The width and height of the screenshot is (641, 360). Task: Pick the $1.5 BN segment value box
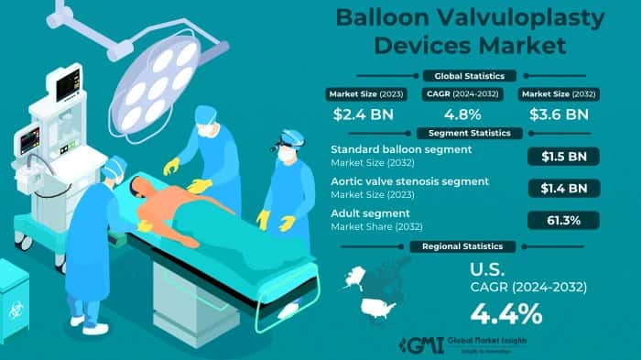[564, 157]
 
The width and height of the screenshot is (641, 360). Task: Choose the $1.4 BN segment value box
[564, 188]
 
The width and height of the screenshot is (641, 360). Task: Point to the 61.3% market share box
[564, 220]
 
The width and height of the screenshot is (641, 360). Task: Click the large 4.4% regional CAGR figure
[505, 313]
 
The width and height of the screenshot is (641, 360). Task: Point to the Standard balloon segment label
[402, 149]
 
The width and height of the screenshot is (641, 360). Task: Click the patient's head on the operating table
[137, 188]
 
